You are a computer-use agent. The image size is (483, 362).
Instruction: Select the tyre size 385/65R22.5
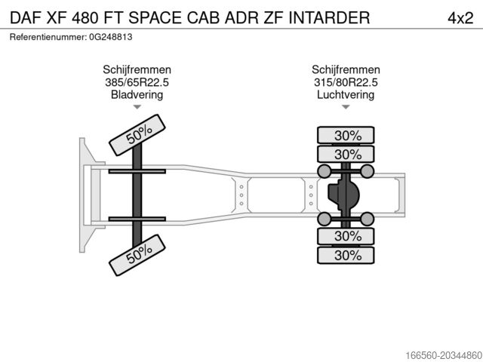137,82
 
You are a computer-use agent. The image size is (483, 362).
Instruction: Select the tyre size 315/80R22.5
346,82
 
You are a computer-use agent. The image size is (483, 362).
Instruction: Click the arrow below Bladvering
137,108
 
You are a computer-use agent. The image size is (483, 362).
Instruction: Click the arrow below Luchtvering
346,108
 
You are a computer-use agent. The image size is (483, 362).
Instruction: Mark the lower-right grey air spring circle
368,219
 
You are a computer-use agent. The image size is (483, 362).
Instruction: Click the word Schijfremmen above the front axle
137,70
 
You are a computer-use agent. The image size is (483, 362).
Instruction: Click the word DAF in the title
26,17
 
